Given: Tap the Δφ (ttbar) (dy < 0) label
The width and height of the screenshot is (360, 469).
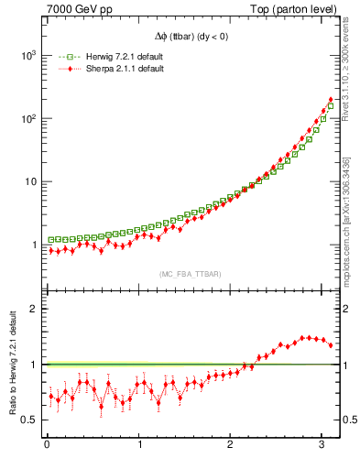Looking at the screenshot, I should [x=192, y=37].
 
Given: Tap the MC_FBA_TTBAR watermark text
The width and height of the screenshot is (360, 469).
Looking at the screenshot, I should [x=190, y=274].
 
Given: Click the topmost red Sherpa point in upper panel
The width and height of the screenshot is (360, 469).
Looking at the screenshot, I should [x=331, y=99].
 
